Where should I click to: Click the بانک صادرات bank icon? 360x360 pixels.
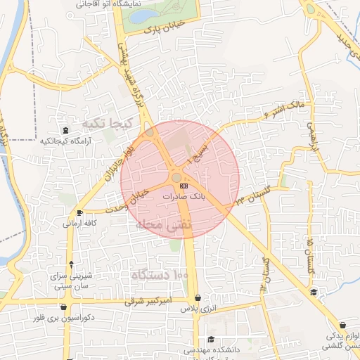184,185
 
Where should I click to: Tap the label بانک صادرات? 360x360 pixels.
184,198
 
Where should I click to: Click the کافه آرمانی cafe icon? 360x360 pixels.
79,212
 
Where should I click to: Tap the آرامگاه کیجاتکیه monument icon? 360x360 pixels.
65,130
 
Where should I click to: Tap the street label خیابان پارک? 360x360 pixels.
163,28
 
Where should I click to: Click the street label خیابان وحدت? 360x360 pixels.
127,200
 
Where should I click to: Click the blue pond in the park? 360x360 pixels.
146,15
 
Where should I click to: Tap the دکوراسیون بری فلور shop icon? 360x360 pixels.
64,307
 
